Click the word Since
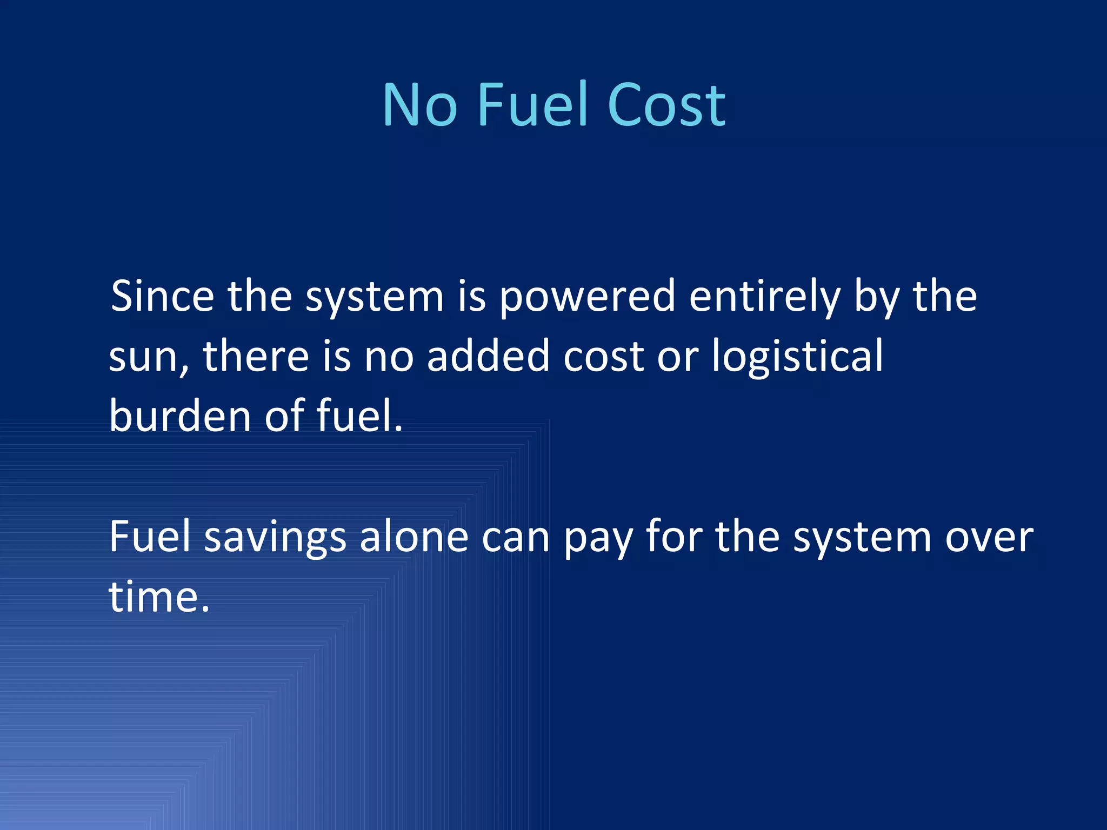point(162,296)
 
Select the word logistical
point(797,358)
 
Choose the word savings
point(275,538)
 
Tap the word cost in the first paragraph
point(604,357)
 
